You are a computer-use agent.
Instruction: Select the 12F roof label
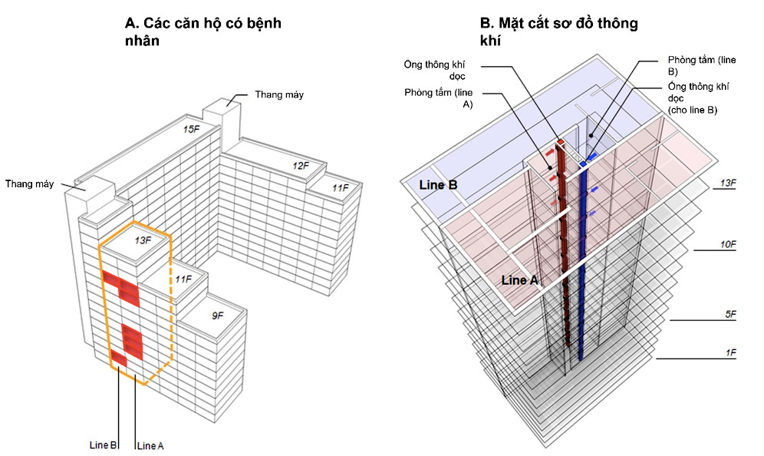(300, 165)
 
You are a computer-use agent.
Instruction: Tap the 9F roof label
(218, 316)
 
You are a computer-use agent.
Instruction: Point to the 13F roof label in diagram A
(142, 240)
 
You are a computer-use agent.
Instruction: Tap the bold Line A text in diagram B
(519, 280)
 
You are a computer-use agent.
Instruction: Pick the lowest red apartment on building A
(119, 359)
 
